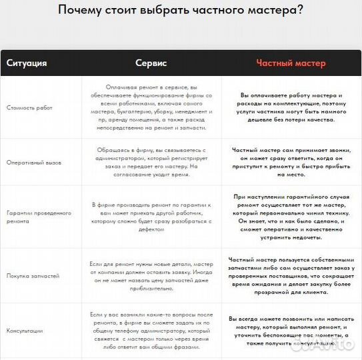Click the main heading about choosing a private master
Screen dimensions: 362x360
point(181,11)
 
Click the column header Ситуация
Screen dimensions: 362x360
point(27,63)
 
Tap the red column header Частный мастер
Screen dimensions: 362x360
point(291,63)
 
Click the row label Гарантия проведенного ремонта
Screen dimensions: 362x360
point(38,217)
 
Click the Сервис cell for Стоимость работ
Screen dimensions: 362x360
point(153,107)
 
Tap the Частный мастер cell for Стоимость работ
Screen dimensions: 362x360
point(291,107)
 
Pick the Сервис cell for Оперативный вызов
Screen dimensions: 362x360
point(153,162)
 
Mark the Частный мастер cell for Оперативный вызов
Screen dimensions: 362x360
point(291,162)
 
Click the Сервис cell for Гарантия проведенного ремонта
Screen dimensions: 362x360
point(153,215)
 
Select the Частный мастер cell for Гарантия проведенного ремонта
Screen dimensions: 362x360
point(291,216)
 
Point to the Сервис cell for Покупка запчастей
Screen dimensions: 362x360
point(153,271)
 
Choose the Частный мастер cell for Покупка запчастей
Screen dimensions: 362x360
point(291,271)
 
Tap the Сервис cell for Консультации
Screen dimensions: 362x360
point(153,329)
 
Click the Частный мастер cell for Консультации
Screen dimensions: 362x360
point(291,330)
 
